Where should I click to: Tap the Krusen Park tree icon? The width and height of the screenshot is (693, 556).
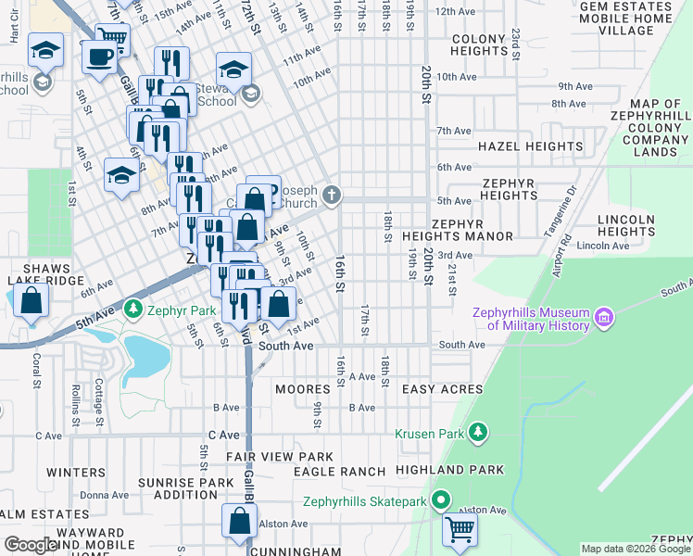coord(478,433)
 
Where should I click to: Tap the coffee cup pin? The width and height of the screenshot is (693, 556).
coord(99,56)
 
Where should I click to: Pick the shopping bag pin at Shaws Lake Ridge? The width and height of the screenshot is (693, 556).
coord(31,301)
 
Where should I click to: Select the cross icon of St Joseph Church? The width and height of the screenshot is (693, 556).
coord(333,196)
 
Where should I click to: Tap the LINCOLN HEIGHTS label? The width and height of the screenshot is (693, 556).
coord(627,225)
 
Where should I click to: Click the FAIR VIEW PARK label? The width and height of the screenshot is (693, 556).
coord(279,457)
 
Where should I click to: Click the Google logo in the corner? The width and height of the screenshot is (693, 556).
coord(31,545)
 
